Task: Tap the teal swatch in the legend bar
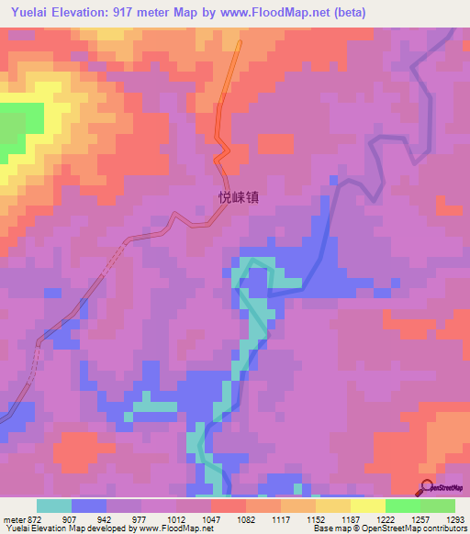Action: pos(54,506)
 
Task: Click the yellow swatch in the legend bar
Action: pos(368,506)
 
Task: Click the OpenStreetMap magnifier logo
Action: pos(428,487)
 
